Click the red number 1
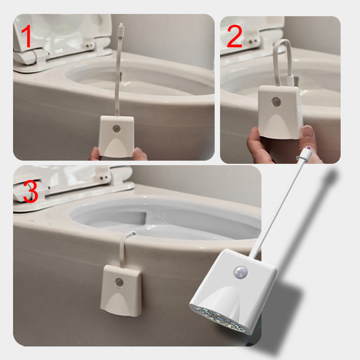pyautogui.click(x=27, y=37)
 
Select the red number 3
pyautogui.click(x=30, y=191)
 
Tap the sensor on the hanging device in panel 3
pyautogui.click(x=120, y=282)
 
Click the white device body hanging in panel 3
pyautogui.click(x=121, y=290)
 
